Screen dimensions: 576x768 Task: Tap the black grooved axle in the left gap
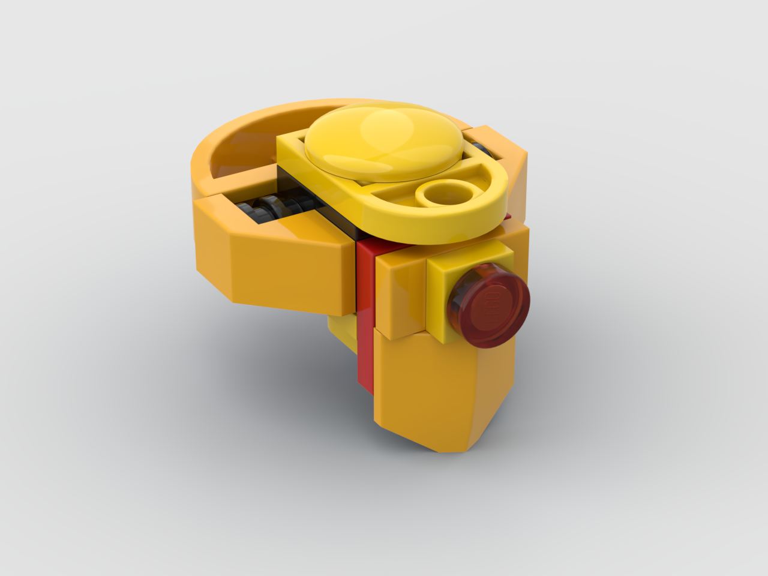tap(264, 210)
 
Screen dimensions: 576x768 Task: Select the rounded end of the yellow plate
tap(486, 198)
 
